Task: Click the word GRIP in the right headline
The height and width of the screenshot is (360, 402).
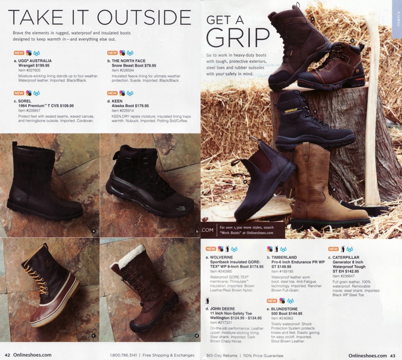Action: tap(239, 38)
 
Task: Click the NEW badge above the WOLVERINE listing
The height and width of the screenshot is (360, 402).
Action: tap(211, 249)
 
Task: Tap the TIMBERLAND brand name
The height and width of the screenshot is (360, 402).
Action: tap(288, 257)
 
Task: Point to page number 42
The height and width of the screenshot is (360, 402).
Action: tap(8, 355)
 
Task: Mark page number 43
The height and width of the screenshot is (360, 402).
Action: tap(393, 355)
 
